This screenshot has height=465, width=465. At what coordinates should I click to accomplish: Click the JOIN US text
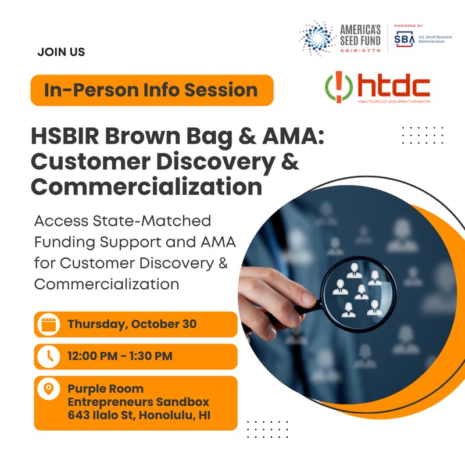point(61,52)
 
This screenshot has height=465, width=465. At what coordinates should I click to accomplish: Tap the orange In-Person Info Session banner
point(152,90)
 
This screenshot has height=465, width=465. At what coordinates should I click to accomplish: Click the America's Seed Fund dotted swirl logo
point(317,38)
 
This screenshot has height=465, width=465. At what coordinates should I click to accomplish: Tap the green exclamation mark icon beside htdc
point(337,87)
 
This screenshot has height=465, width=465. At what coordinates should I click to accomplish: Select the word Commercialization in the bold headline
point(146,187)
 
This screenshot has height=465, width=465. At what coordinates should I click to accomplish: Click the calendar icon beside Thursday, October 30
point(48,324)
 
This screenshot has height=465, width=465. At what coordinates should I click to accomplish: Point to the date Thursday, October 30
point(132,324)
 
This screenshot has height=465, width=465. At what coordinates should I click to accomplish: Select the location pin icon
point(48,388)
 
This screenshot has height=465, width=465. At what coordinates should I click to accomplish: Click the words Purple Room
point(105,388)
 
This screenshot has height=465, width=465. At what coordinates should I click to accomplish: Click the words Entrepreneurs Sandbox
point(138,402)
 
